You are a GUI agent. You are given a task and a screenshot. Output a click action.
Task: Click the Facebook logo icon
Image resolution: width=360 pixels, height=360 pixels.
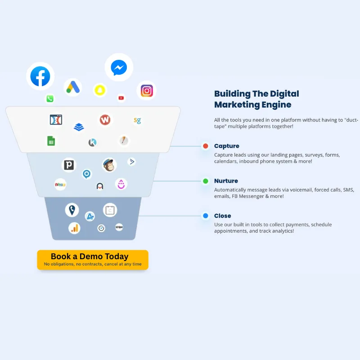(40, 76)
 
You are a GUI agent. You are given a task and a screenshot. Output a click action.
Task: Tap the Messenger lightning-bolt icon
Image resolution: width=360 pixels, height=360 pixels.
(119, 68)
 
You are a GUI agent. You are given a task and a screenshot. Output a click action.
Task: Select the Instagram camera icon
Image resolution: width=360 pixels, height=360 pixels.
(147, 90)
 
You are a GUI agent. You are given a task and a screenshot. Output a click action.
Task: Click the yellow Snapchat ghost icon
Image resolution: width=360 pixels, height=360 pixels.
(100, 90)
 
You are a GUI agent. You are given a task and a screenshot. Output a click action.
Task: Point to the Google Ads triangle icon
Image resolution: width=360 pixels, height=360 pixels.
(72, 87)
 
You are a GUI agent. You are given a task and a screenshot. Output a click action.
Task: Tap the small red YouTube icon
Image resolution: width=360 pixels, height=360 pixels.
(121, 98)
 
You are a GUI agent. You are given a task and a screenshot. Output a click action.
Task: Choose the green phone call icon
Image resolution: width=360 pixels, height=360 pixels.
(50, 99)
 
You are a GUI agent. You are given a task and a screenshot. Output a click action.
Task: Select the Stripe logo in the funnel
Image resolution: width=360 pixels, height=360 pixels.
(119, 227)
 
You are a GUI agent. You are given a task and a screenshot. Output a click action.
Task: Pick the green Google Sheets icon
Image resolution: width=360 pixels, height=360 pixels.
(51, 141)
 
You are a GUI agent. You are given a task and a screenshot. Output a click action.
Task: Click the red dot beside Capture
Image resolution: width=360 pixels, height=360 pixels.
(206, 146)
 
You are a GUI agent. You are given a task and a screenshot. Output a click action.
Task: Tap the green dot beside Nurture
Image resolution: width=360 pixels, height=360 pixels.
(206, 181)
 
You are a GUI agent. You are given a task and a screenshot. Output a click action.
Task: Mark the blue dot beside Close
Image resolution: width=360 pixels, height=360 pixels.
(206, 216)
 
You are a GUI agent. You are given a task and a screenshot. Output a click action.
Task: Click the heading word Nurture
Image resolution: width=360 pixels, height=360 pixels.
(226, 181)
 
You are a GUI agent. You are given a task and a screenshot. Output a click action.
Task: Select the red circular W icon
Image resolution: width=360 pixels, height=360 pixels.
(105, 120)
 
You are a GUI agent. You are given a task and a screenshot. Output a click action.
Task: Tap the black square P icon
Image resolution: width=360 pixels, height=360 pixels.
(69, 165)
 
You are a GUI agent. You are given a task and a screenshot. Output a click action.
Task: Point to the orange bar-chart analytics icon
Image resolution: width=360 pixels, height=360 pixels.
(74, 228)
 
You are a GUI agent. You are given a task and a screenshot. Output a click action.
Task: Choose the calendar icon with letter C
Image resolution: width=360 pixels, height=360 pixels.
(110, 210)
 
